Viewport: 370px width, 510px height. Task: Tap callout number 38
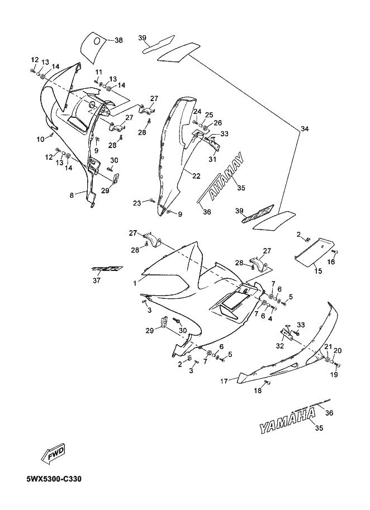(118, 40)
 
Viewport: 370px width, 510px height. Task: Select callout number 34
(304, 130)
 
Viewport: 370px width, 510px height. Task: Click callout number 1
(134, 284)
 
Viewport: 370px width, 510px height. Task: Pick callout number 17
(223, 382)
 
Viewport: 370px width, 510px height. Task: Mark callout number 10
(40, 139)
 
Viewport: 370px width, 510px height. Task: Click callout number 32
(279, 346)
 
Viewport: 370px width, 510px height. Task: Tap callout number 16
(331, 261)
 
